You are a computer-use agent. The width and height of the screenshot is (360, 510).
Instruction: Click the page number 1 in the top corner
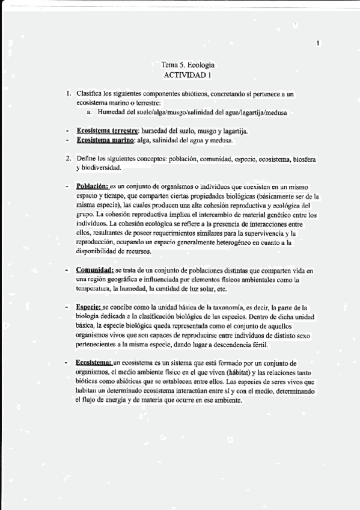click(318, 43)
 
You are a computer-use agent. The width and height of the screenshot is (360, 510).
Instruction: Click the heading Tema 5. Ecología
click(188, 65)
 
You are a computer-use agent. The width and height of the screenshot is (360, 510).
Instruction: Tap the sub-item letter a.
click(89, 112)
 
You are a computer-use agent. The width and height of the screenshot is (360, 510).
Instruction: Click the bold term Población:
click(93, 187)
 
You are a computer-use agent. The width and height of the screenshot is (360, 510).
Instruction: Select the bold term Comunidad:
click(96, 271)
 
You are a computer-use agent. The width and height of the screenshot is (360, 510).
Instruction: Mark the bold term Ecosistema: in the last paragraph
click(94, 363)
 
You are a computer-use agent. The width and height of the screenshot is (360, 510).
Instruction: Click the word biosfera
click(304, 159)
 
